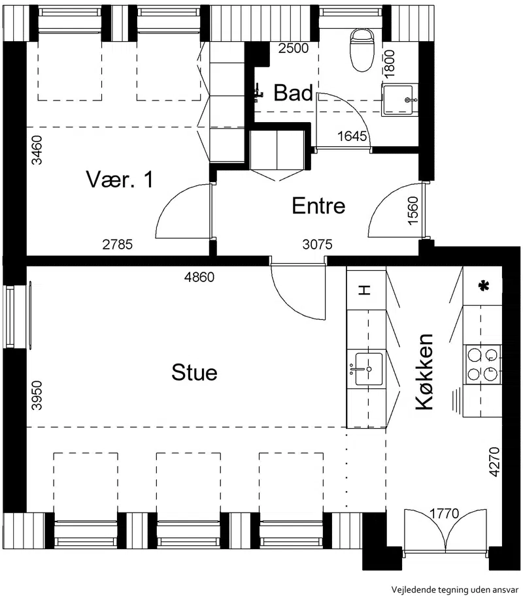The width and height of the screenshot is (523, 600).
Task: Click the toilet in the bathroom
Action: coord(362,50)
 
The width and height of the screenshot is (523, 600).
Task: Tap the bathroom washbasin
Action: coord(399,99)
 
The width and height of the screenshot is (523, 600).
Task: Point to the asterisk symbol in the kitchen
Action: coord(484,285)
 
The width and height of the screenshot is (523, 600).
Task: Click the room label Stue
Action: coord(194,372)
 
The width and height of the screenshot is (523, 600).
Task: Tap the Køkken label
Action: coord(424,371)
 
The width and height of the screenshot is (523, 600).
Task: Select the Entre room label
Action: coord(318,206)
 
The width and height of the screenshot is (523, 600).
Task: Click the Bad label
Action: coord(293,93)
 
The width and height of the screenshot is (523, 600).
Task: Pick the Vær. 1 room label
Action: coord(120,179)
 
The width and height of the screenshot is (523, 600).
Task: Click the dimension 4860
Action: coord(199,277)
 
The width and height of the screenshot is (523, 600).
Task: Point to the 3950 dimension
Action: coord(37,395)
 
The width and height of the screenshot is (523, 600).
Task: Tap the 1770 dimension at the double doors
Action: coord(444,513)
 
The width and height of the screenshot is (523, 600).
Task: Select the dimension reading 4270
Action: coord(495,462)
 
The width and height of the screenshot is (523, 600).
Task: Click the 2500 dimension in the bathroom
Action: coord(294,48)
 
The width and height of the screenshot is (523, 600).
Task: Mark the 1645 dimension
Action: coord(352,136)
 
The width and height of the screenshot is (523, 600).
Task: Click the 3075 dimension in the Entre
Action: coord(317,244)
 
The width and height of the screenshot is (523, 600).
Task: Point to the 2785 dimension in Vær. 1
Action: coord(117,244)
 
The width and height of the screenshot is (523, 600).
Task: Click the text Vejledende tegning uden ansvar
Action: coord(455,590)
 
